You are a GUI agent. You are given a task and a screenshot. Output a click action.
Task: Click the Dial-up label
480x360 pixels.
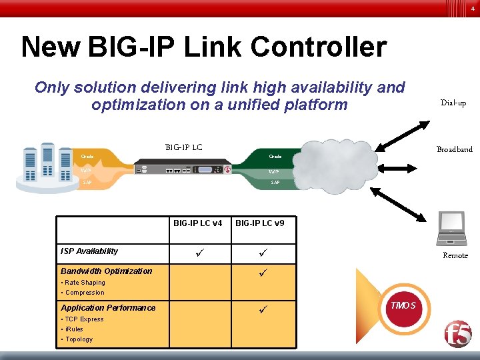point(453,103)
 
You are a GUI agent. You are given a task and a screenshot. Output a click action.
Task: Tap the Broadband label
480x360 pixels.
point(454,149)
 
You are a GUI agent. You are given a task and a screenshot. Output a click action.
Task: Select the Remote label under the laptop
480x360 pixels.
point(455,255)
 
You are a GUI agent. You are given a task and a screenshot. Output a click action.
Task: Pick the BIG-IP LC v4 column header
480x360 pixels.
point(198,223)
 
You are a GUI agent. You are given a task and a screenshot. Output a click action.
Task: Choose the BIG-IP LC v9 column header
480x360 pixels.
point(260,223)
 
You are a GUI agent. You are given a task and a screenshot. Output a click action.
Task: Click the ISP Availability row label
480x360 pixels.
point(89,251)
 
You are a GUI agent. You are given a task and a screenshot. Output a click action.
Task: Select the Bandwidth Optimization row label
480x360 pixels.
point(107,271)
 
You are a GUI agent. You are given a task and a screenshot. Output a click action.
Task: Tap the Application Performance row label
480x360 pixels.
point(108,308)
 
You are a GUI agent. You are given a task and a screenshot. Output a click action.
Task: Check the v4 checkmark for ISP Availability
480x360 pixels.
point(198,252)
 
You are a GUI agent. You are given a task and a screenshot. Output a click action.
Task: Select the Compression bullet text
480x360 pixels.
point(84,293)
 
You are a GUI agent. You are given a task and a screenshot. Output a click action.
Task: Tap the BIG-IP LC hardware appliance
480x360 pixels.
point(183,169)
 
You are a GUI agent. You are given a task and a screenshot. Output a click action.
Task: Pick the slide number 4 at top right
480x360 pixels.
point(473,9)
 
